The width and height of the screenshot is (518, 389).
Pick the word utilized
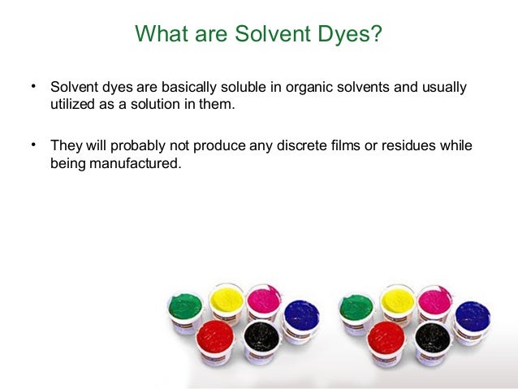[73, 105]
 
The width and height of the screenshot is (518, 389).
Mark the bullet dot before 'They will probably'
[34, 145]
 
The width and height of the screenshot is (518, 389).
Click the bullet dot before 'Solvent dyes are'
[34, 85]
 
